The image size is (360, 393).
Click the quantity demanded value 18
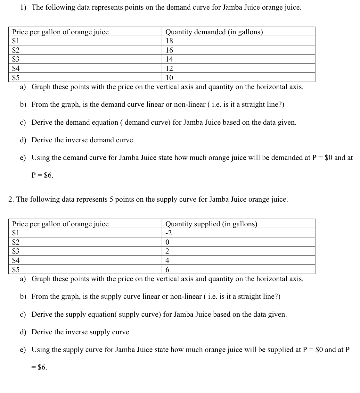pos(169,41)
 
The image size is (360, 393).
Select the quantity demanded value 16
pos(169,50)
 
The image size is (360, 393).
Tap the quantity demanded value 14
pos(169,59)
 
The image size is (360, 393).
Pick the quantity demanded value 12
pos(169,68)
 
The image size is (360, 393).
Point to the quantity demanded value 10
pos(169,78)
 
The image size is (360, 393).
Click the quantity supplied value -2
pos(168,233)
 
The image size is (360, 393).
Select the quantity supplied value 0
pos(167,242)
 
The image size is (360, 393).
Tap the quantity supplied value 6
pos(167,270)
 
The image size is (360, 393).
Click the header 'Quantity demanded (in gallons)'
pos(214,32)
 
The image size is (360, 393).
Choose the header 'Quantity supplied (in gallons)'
pos(211,224)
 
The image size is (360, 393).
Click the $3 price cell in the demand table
pos(16,59)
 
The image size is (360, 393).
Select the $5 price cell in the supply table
pos(16,270)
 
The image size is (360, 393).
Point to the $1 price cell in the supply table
pos(16,233)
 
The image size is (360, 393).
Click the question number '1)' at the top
pos(23,7)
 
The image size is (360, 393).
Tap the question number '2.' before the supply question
pos(11,199)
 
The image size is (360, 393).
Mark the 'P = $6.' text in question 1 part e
pos(42,175)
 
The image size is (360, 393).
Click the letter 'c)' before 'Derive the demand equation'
pos(23,122)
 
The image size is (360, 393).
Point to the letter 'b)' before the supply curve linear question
pos(23,297)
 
